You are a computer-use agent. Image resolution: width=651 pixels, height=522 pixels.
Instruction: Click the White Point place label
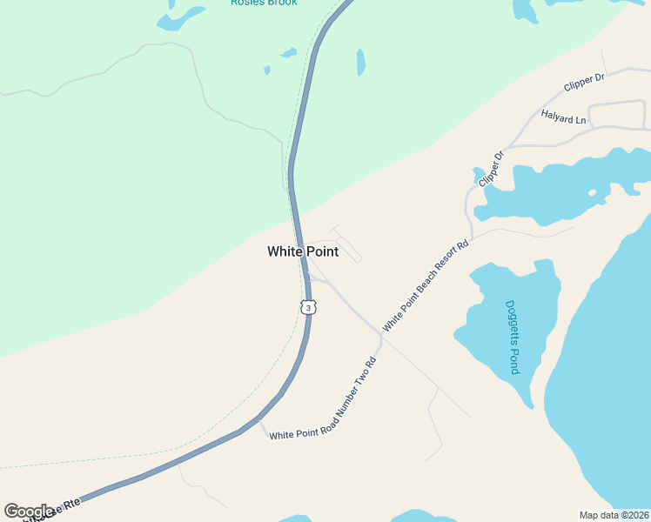pos(302,251)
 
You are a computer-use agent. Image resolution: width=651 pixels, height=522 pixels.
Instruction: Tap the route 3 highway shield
pos(307,307)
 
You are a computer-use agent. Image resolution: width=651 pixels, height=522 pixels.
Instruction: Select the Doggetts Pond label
pos(513,338)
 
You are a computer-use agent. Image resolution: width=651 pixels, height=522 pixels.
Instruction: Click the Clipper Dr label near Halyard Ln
pos(584,83)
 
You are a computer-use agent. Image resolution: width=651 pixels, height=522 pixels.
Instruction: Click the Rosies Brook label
pos(264,3)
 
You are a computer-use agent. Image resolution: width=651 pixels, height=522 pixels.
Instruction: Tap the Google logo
pos(29,511)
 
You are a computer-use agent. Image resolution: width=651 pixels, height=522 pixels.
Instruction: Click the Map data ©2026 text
pos(613,515)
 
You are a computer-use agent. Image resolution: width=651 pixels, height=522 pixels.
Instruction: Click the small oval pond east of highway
pos(360,62)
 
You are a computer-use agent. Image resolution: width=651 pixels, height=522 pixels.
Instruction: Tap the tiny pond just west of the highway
pos(267,70)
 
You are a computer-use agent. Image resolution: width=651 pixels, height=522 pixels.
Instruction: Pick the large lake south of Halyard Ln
pos(557,187)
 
